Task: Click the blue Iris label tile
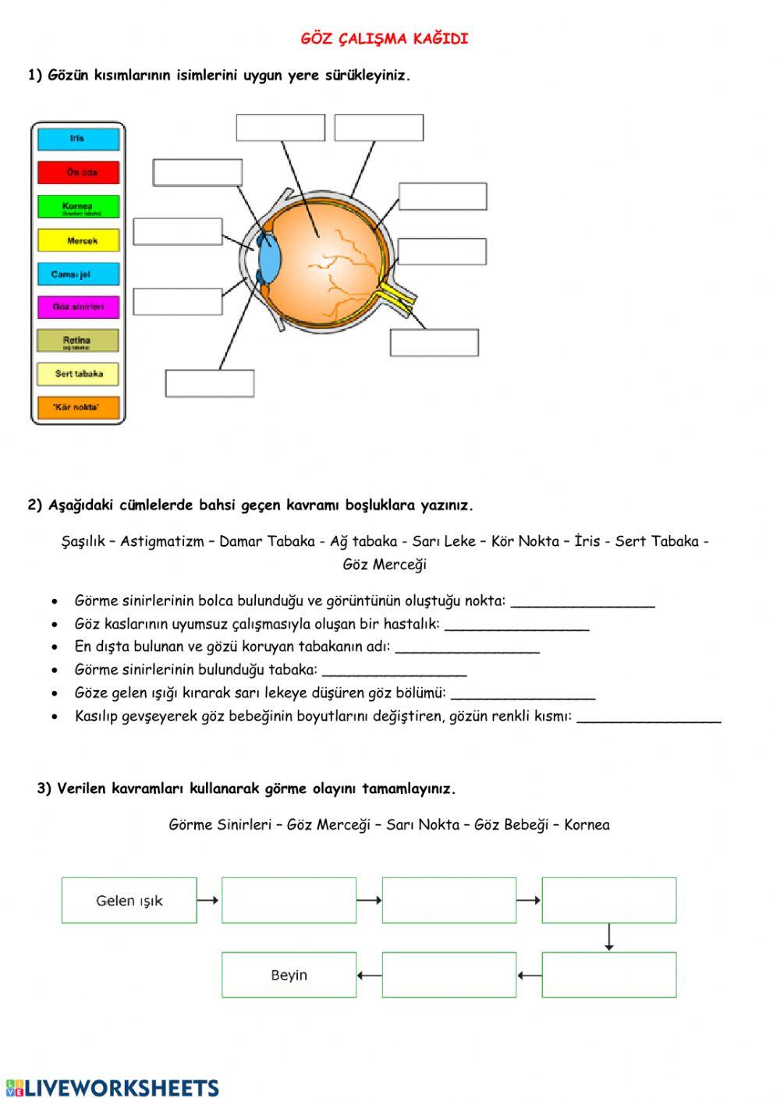tap(79, 139)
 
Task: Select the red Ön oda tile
tap(79, 172)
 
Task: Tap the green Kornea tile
tap(79, 207)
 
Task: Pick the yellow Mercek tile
tap(79, 240)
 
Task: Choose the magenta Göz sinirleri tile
tap(79, 307)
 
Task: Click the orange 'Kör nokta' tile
tap(79, 407)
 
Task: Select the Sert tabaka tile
tap(79, 374)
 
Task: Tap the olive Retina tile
tap(79, 341)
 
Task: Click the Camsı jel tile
tap(79, 274)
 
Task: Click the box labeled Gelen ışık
tap(129, 900)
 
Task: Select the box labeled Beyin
tap(289, 975)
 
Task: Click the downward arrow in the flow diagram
tap(609, 937)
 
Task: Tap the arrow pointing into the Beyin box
tap(370, 975)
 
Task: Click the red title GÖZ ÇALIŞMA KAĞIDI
tap(385, 39)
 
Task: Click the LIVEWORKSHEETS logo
tap(112, 1088)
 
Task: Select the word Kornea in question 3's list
tap(587, 824)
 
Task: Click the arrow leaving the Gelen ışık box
tap(208, 900)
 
